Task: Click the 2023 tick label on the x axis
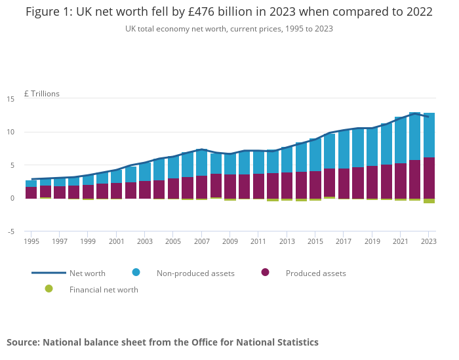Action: [x=428, y=241]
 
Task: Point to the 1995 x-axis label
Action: [x=31, y=241]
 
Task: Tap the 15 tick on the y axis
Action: [x=10, y=99]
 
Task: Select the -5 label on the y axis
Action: [x=10, y=231]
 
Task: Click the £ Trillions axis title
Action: [x=41, y=94]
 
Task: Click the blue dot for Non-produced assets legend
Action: [x=136, y=272]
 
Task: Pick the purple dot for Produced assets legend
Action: [x=265, y=272]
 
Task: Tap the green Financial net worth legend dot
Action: [x=49, y=289]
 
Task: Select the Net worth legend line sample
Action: [x=49, y=273]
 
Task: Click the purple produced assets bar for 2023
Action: [x=429, y=178]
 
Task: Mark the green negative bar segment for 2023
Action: [x=429, y=201]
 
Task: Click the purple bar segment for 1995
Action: [x=31, y=192]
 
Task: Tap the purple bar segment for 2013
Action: [x=287, y=186]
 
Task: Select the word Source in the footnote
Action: [x=22, y=342]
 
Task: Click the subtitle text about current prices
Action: [x=229, y=29]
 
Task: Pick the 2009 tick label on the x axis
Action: [x=230, y=241]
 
